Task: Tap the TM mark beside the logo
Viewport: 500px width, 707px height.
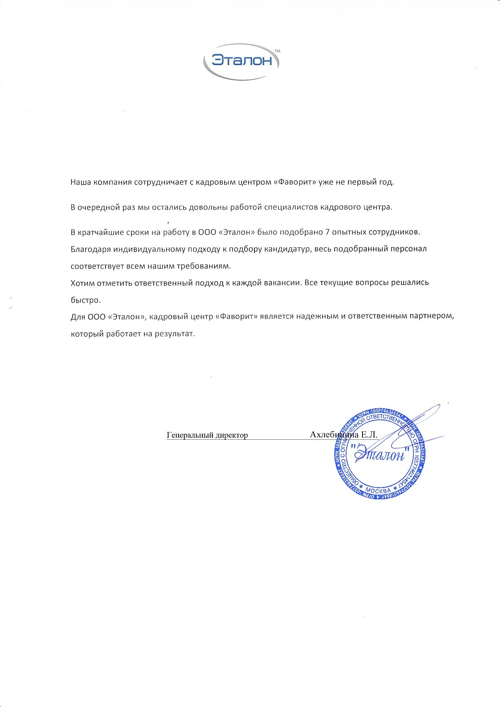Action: click(277, 51)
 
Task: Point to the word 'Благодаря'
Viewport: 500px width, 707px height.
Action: click(90, 250)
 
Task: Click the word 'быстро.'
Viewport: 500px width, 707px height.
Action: click(85, 300)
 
